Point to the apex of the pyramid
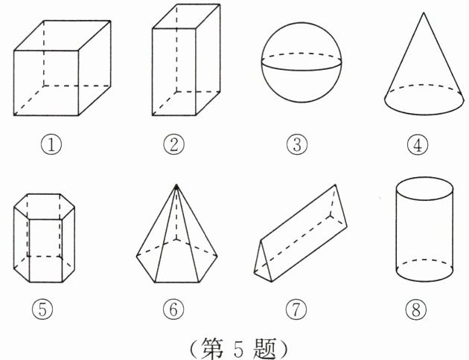coord(176,184)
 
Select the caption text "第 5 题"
coord(237,347)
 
